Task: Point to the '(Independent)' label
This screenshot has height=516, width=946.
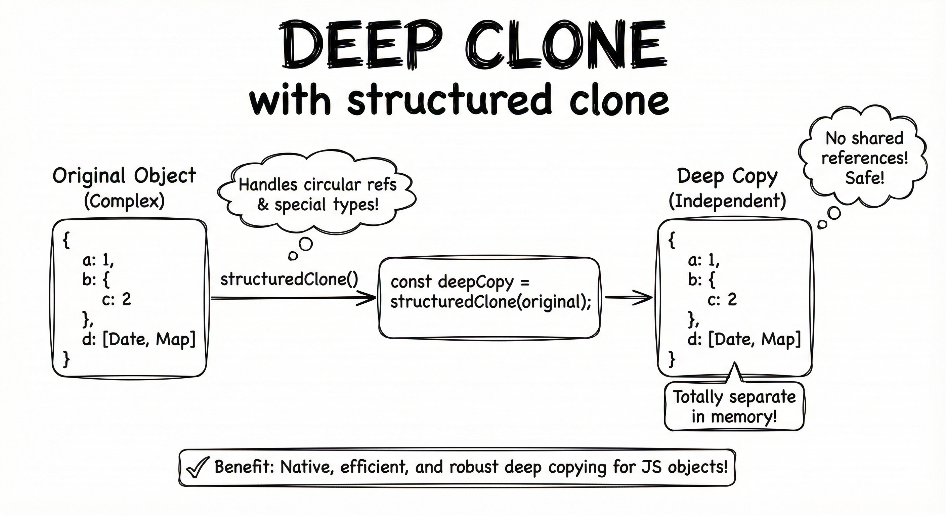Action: point(727,201)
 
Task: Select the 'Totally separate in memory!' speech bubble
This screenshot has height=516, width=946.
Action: point(734,406)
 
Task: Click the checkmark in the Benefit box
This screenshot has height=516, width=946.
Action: point(198,468)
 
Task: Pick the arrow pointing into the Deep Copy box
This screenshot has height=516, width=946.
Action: point(628,298)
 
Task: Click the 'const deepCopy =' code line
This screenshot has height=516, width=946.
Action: point(460,282)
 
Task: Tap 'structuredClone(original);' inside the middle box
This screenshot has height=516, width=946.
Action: point(490,302)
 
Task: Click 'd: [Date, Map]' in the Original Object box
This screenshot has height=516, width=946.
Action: point(139,339)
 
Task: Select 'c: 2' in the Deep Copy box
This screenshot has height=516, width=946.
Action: point(722,300)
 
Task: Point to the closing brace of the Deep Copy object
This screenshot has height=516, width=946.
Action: point(672,359)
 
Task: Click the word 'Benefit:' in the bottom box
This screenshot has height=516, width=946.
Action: point(244,467)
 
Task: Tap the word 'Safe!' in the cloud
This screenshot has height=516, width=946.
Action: point(864,178)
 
